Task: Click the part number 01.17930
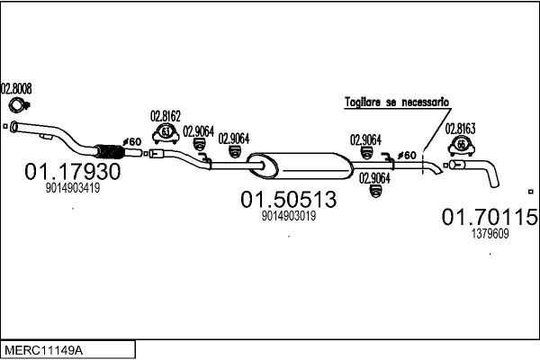click(x=73, y=171)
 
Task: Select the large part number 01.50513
click(x=289, y=199)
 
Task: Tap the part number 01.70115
click(x=490, y=217)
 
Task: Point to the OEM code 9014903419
click(x=73, y=188)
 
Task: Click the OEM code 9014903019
click(x=289, y=216)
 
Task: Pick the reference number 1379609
click(x=490, y=234)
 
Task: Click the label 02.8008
click(x=16, y=88)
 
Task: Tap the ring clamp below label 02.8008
click(x=18, y=105)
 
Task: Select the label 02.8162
click(x=166, y=116)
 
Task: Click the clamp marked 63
click(x=166, y=134)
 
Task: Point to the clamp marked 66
click(x=462, y=146)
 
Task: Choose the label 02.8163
click(x=460, y=129)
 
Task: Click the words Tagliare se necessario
click(x=397, y=103)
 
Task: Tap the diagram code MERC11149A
click(x=43, y=351)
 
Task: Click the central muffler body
click(x=301, y=166)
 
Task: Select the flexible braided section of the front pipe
click(x=110, y=151)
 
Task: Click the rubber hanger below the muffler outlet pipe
click(x=375, y=191)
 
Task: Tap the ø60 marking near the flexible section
click(x=132, y=141)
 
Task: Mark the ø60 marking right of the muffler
click(x=407, y=156)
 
